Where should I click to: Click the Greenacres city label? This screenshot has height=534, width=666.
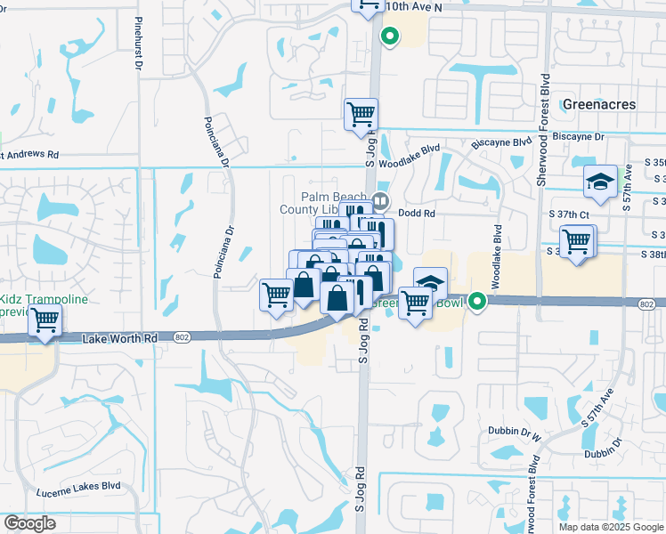(x=599, y=104)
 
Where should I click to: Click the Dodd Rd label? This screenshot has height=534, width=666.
(x=417, y=214)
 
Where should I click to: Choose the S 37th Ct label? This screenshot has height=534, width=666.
(x=571, y=214)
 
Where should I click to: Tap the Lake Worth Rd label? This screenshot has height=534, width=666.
(x=119, y=338)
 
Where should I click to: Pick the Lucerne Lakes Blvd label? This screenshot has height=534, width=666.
(x=78, y=488)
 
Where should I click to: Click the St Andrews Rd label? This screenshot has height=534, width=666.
(x=28, y=155)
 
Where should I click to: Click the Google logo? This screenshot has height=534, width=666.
(x=29, y=523)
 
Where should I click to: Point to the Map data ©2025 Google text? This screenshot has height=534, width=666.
(x=611, y=527)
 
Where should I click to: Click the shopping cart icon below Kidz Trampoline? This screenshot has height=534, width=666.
(x=45, y=320)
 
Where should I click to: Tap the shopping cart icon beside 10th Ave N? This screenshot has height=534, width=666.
(x=366, y=5)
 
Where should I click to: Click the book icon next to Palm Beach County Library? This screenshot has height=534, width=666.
(x=382, y=199)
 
